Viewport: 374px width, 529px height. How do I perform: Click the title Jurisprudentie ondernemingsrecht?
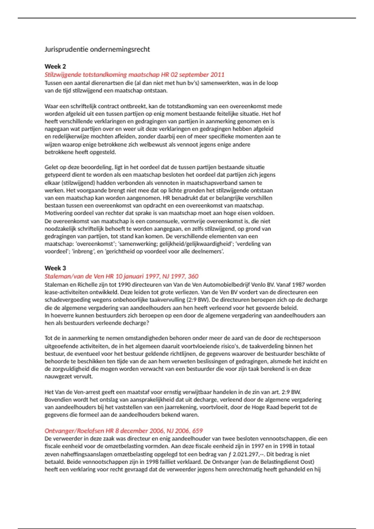pos(97,49)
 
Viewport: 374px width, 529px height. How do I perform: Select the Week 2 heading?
pos(55,66)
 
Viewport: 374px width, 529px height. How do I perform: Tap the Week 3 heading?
pos(55,268)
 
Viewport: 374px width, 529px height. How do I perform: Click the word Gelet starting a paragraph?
pos(51,167)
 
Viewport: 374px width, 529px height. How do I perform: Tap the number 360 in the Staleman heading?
pos(193,276)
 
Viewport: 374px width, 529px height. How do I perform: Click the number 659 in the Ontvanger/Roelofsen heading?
pos(197,431)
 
